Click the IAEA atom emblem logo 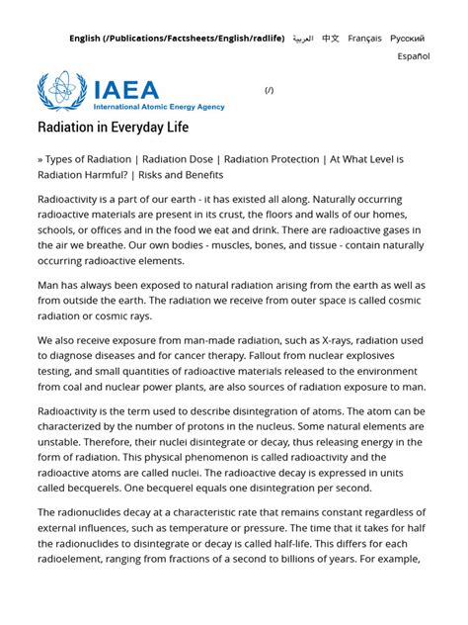coord(61,91)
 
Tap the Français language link coord(364,39)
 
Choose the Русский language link coord(407,39)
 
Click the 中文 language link coord(330,39)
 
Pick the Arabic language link coord(302,39)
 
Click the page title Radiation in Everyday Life coord(113,128)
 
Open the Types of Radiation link coord(89,159)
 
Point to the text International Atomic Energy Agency coord(158,107)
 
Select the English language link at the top coord(176,39)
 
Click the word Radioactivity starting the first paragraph coord(72,199)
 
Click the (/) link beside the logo coord(270,90)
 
